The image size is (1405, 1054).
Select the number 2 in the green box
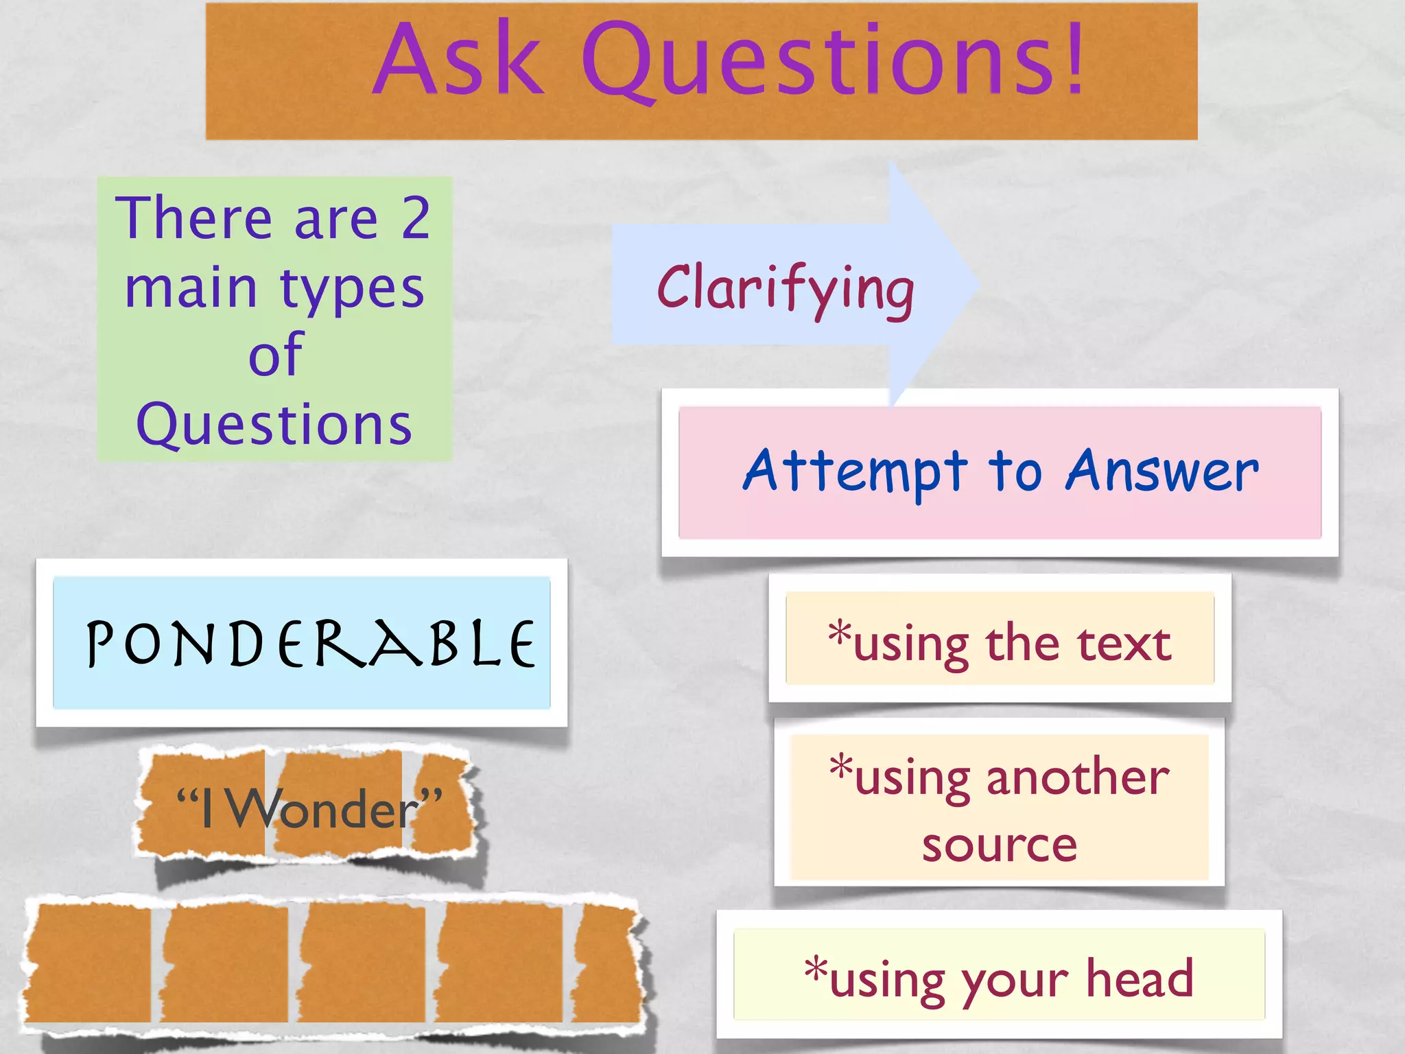coord(416,218)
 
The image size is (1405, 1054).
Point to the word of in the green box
coord(275,355)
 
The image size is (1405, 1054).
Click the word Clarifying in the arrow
coord(786,289)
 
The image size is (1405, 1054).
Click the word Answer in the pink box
coord(1162,472)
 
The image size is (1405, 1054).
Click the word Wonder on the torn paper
coord(323,810)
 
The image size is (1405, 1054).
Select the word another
coord(1078,779)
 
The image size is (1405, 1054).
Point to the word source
coord(1000,845)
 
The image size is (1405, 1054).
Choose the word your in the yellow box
coord(1015,981)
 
